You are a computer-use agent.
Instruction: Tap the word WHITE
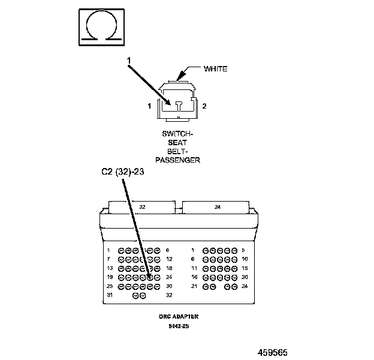(215, 69)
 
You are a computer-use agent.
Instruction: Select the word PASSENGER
(177, 160)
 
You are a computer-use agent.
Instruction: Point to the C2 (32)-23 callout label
(122, 172)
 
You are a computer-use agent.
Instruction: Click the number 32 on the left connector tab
(142, 207)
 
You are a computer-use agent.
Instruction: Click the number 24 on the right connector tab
(218, 207)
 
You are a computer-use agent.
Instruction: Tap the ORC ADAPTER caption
(179, 316)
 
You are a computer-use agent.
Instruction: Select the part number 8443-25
(179, 327)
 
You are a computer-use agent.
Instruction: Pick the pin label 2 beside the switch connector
(204, 106)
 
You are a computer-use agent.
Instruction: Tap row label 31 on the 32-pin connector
(110, 296)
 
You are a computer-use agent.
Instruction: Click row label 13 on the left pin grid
(110, 268)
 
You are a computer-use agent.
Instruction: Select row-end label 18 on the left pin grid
(168, 268)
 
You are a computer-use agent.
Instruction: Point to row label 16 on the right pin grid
(195, 277)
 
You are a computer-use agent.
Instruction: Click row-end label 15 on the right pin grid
(245, 268)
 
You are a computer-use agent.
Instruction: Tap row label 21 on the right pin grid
(195, 287)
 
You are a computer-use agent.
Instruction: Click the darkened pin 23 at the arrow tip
(150, 278)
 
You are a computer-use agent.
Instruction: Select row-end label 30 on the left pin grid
(168, 287)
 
